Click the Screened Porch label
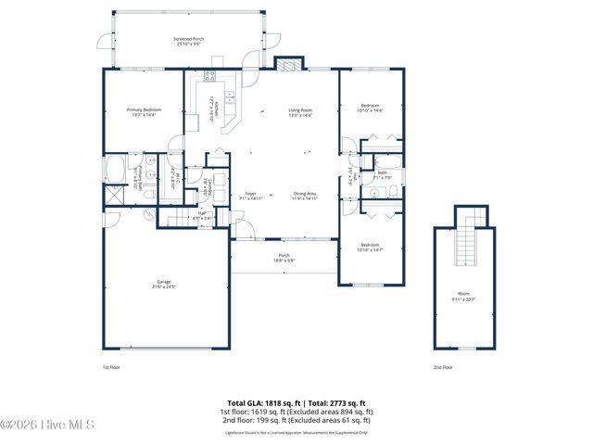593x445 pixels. tap(188, 41)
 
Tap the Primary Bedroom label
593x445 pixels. tap(144, 112)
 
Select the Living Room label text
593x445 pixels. tap(300, 112)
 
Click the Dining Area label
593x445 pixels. tap(305, 196)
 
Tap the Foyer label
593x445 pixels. tap(251, 196)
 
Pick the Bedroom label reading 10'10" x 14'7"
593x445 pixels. tap(370, 248)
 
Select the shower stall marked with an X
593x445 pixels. tap(114, 196)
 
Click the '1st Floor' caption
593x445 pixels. tap(111, 367)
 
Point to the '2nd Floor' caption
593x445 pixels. tap(443, 367)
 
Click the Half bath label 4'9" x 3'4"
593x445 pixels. tap(201, 216)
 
